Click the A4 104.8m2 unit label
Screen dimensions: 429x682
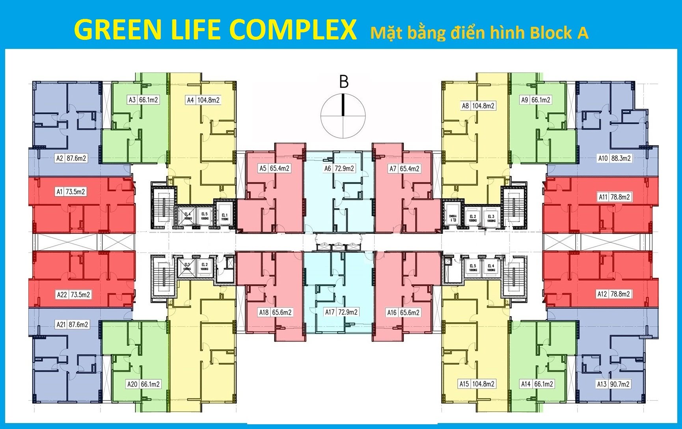[203, 100]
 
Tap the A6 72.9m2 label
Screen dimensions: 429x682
[339, 169]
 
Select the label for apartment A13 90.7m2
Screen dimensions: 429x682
[613, 384]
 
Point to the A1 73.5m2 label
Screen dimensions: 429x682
[71, 192]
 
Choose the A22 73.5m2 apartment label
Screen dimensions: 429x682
[74, 295]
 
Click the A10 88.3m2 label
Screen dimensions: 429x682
[614, 159]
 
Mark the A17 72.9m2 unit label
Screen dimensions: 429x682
[341, 312]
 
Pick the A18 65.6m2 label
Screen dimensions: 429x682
[275, 313]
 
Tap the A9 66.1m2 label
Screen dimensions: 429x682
[535, 100]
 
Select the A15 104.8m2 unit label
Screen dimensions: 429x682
[477, 384]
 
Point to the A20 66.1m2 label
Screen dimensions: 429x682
[143, 384]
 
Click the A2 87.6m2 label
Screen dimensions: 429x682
[71, 159]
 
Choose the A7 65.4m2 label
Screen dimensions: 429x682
[404, 169]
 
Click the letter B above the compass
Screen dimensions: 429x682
[344, 82]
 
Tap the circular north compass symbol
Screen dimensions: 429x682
[343, 116]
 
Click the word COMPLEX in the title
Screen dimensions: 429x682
[293, 30]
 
